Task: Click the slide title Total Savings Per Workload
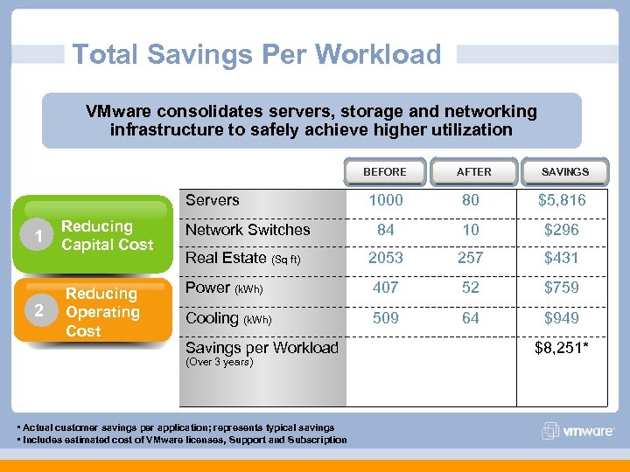(256, 54)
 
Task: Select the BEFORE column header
(385, 172)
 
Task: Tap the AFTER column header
(473, 172)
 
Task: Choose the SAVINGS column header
(564, 172)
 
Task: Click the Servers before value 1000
(386, 200)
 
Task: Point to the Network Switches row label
(248, 230)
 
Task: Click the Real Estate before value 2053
(386, 258)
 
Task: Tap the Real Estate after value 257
(471, 258)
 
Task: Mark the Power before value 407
(386, 288)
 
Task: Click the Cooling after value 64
(471, 318)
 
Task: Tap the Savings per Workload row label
(262, 348)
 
